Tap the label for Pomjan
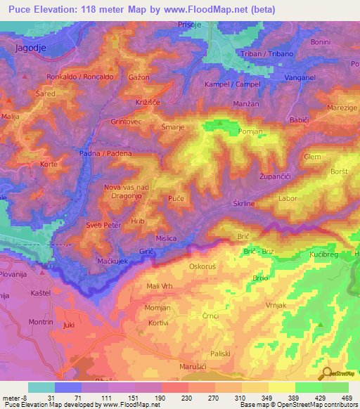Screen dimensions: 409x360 [251, 131]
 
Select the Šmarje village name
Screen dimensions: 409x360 [173, 127]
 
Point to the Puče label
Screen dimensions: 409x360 [176, 200]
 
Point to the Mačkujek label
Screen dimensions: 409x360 [110, 261]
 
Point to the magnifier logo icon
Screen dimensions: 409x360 [326, 373]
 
